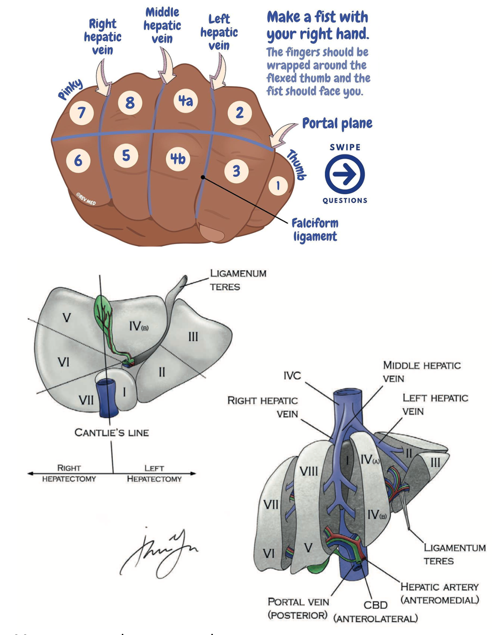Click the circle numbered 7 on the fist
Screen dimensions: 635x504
click(x=81, y=112)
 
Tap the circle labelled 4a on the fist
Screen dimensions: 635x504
click(x=185, y=101)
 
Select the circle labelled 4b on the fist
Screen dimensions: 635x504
click(x=178, y=159)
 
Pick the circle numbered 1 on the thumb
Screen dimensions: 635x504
click(x=277, y=186)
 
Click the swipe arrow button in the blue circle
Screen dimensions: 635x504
click(x=345, y=174)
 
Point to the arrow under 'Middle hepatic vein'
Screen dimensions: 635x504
click(x=166, y=67)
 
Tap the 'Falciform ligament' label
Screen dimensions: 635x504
click(x=315, y=229)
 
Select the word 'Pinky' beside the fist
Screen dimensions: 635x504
click(x=70, y=90)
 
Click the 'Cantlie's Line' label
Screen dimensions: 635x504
click(x=112, y=432)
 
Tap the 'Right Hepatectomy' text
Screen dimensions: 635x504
click(x=69, y=473)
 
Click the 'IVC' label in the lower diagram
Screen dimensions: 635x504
click(x=292, y=375)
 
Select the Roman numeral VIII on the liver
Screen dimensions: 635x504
click(x=308, y=471)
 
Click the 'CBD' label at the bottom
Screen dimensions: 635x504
click(x=375, y=605)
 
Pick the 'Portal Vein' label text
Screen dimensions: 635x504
click(x=298, y=602)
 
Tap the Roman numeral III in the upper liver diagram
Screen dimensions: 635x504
click(x=193, y=337)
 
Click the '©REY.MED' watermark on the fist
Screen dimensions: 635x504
click(x=86, y=199)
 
